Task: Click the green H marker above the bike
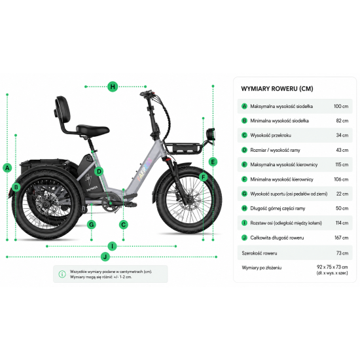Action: (x=113, y=86)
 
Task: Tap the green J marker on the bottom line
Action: (x=105, y=257)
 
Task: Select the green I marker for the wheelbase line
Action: (x=113, y=246)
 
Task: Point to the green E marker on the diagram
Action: (x=213, y=162)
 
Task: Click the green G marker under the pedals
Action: (x=92, y=225)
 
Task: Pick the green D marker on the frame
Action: (x=99, y=171)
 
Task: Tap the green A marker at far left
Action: (x=7, y=168)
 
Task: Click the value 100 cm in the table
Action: (x=341, y=106)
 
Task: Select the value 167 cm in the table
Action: (x=342, y=238)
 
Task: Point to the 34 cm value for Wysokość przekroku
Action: (x=342, y=135)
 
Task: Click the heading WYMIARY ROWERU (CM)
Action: (x=277, y=88)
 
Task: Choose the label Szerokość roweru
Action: (x=259, y=253)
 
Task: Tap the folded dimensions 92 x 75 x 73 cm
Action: (x=333, y=267)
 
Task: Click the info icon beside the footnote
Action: (x=62, y=274)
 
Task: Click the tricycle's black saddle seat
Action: (x=92, y=130)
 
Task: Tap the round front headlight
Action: (x=211, y=134)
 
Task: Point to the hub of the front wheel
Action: (x=189, y=200)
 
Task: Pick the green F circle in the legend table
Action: (x=245, y=179)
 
